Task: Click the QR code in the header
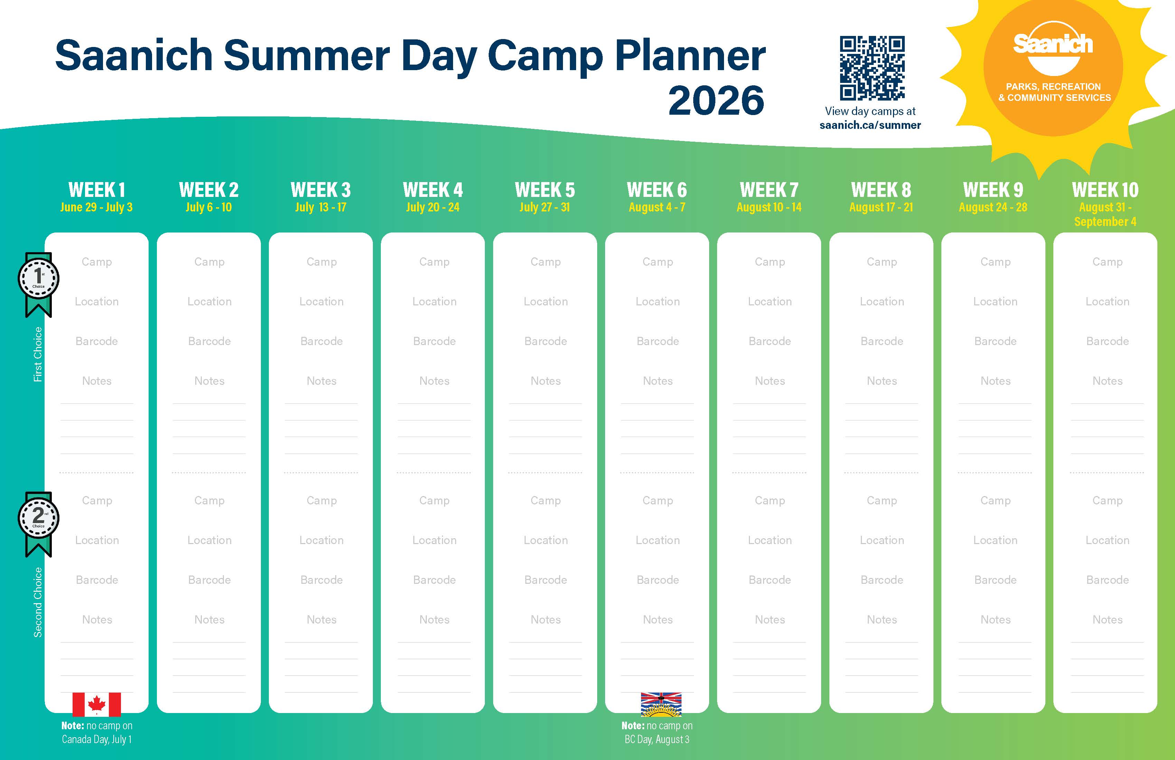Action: point(872,68)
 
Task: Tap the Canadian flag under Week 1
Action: point(97,704)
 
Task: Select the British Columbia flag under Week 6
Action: point(661,704)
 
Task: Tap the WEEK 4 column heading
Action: point(433,190)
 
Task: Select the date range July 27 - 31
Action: point(545,207)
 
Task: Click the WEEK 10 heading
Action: point(1106,190)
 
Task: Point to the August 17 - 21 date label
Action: point(881,207)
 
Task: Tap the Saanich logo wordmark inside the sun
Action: point(1053,45)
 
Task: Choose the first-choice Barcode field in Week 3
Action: point(321,341)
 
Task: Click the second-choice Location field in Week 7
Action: point(770,540)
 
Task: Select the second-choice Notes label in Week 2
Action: point(209,619)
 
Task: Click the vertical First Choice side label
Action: point(38,354)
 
